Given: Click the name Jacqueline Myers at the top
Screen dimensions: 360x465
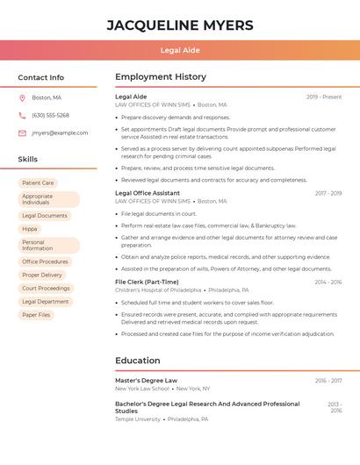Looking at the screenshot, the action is click(x=180, y=25).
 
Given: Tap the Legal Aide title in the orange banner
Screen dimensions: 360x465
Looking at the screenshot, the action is click(x=180, y=51).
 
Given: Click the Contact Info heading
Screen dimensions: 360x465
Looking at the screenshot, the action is click(x=41, y=77).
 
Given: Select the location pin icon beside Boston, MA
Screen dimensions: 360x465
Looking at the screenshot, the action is click(x=22, y=97).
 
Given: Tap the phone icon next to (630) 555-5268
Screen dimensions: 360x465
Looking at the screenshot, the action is click(x=22, y=115).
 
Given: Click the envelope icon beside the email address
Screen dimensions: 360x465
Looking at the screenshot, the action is click(x=22, y=133).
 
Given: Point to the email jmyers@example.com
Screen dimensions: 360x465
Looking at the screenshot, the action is click(x=60, y=133).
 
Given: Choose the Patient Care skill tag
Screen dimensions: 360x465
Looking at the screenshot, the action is click(x=38, y=183).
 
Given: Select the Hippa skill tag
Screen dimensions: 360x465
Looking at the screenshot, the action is click(x=30, y=229).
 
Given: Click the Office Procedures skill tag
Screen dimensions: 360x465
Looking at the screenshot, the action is click(x=45, y=261).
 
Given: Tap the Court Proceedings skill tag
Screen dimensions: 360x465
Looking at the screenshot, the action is click(x=46, y=288).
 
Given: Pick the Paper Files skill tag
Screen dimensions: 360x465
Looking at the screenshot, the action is click(x=36, y=314).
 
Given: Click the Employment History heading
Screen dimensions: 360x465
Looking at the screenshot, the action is click(x=161, y=77).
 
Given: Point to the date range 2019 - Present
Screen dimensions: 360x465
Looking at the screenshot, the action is click(x=324, y=97).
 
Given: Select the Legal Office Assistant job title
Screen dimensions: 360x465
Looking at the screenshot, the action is click(x=148, y=193).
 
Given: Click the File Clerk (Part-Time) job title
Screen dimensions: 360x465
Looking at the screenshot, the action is click(x=147, y=282).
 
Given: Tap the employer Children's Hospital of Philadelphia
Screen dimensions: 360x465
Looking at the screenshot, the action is click(x=158, y=290).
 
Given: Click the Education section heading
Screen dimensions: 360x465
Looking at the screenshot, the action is click(x=138, y=361).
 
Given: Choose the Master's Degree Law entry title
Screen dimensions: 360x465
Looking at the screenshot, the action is click(x=146, y=380).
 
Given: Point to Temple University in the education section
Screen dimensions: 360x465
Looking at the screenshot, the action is click(x=138, y=419).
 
